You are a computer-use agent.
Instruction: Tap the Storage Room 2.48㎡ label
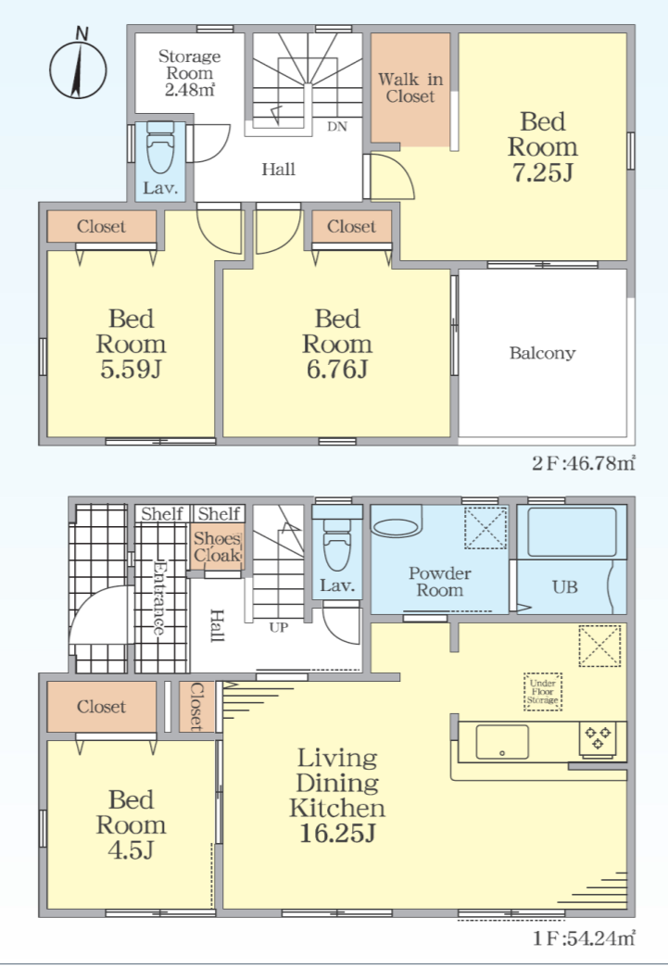pos(190,73)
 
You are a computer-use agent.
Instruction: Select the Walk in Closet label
pos(410,88)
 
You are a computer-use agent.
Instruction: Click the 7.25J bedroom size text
pos(543,172)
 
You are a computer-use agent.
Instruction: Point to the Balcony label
pos(542,353)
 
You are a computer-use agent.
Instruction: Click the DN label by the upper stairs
pos(337,127)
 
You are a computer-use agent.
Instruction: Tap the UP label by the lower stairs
pos(279,627)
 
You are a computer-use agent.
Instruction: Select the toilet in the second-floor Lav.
pos(160,149)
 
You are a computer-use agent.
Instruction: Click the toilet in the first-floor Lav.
pos(336,540)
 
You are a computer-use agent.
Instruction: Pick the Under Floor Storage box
pos(543,691)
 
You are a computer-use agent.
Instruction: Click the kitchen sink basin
pos(502,741)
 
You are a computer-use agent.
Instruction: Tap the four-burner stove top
pos(598,738)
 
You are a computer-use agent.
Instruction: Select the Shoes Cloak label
pos(217,547)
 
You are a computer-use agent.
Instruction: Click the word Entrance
pos(159,597)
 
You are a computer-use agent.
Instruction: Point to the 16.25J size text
pos(337,834)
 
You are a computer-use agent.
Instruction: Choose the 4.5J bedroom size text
pos(131,850)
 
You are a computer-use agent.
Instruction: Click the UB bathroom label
pos(565,586)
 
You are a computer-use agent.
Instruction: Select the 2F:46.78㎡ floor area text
pos(583,462)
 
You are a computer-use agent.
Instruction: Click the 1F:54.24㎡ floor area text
pos(583,939)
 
